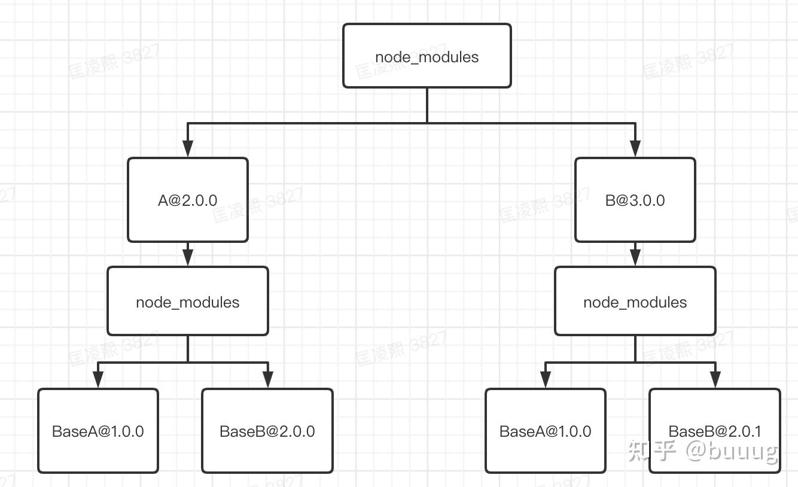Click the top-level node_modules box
[427, 56]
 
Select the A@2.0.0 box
[187, 200]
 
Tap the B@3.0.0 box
[635, 200]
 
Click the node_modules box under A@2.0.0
[187, 301]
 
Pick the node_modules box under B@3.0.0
[635, 301]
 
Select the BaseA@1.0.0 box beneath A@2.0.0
[98, 431]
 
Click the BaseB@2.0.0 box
[267, 431]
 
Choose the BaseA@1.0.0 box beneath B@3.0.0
[545, 431]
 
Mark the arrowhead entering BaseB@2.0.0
[267, 379]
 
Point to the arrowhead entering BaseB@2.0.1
[715, 379]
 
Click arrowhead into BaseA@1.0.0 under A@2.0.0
[98, 379]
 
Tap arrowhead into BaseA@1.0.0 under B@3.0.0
[546, 379]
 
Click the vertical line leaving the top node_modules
[427, 105]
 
